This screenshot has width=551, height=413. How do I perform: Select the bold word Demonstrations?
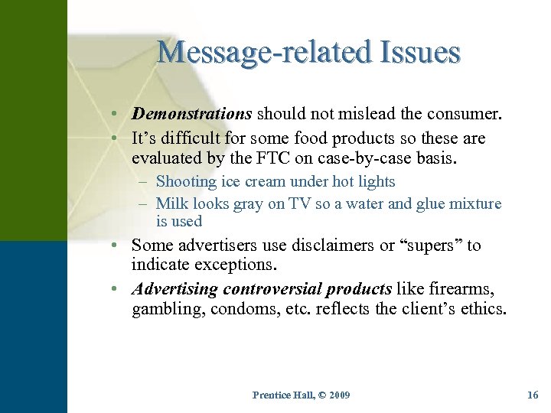(x=191, y=114)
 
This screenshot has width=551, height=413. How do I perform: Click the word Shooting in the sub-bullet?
(x=187, y=181)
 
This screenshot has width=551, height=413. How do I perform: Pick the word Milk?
(x=171, y=203)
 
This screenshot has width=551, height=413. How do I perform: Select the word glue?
(x=421, y=203)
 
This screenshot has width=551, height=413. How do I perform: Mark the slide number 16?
(x=533, y=395)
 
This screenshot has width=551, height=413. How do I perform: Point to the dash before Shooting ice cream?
(x=144, y=182)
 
